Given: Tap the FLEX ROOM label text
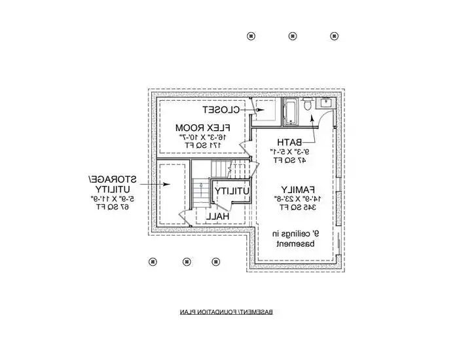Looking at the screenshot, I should coord(201,126).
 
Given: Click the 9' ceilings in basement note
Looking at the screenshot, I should coord(297,238).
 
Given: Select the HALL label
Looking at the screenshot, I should coord(217,215).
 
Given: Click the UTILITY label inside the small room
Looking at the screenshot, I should coord(232,190).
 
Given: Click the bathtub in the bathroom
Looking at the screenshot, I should coord(291,110).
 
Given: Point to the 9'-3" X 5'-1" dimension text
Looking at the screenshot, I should coord(288,151).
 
